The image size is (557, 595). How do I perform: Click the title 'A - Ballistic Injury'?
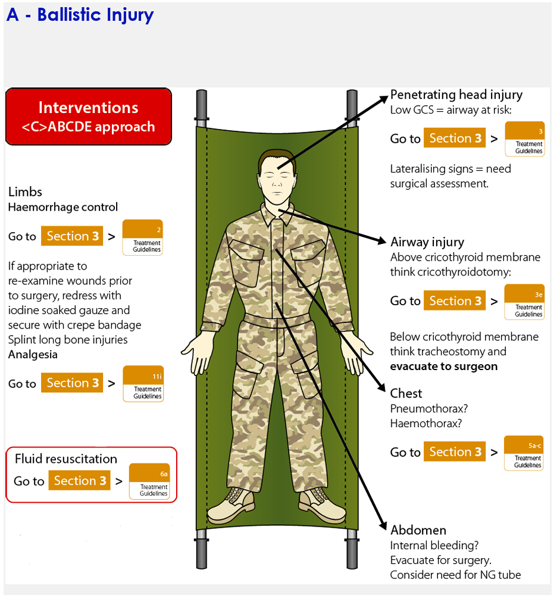(x=80, y=15)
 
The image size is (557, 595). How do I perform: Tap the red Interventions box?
(x=88, y=117)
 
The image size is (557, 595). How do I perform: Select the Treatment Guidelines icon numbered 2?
(x=142, y=237)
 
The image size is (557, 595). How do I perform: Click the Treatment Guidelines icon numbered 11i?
(x=143, y=384)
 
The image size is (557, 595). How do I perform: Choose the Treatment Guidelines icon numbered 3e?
(x=524, y=302)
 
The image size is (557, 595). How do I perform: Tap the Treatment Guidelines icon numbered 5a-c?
(x=524, y=453)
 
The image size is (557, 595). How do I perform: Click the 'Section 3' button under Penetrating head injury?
(x=455, y=139)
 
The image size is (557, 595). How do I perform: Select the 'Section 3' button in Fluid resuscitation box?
(x=80, y=481)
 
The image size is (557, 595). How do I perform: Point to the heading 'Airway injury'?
(x=427, y=242)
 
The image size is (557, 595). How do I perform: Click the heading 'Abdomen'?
(x=418, y=530)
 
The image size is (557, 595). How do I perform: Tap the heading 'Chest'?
(x=406, y=393)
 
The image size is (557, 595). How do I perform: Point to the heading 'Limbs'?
(x=25, y=192)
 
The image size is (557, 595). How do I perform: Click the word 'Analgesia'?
(x=33, y=355)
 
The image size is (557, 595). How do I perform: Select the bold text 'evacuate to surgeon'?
(x=443, y=367)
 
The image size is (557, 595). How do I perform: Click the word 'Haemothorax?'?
(x=426, y=424)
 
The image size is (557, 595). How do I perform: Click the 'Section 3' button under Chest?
(x=455, y=452)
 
